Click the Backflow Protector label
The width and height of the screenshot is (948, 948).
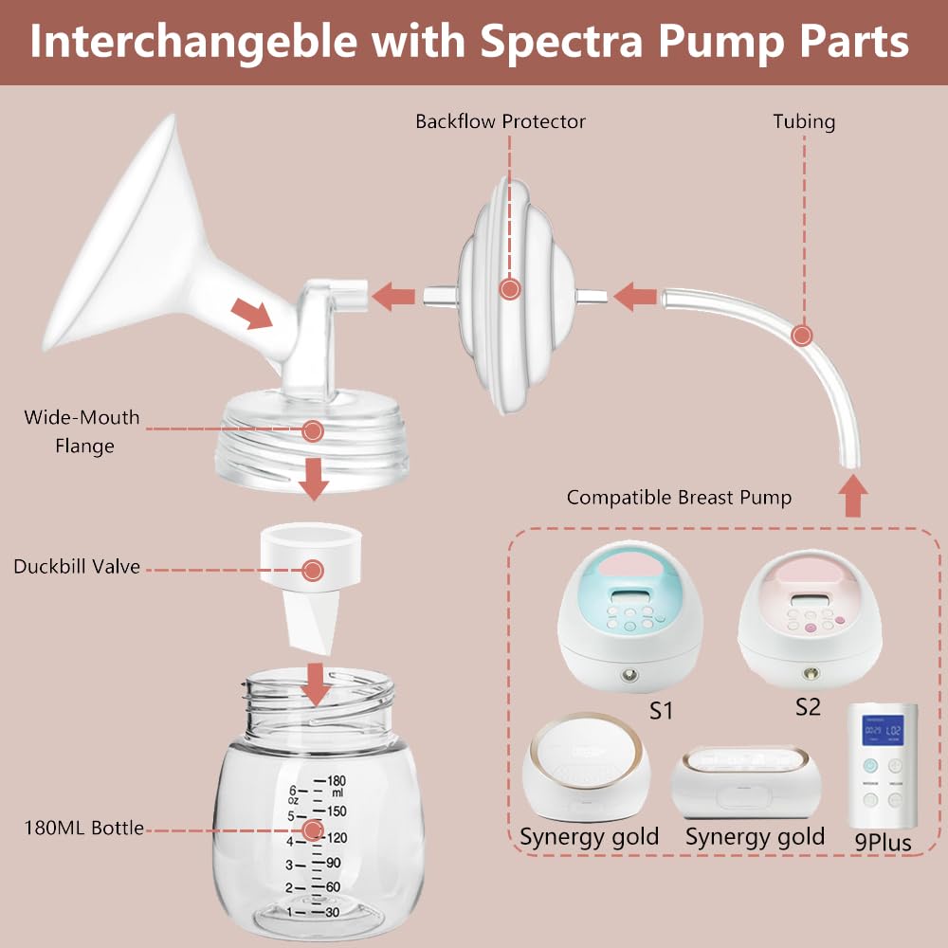click(501, 121)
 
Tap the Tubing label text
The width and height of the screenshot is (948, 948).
click(804, 121)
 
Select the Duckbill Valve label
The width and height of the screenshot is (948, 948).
click(77, 567)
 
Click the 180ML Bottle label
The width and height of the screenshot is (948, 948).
click(84, 828)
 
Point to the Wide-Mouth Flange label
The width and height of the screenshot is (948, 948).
click(82, 431)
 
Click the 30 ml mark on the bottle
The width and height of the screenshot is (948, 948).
click(333, 911)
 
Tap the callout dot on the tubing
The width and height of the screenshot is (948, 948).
click(803, 335)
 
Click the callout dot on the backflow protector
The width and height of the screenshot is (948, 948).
click(510, 289)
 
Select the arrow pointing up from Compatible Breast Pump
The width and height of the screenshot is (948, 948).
click(854, 495)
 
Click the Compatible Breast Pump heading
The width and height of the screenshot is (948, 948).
click(679, 497)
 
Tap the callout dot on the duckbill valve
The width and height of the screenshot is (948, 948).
click(313, 570)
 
